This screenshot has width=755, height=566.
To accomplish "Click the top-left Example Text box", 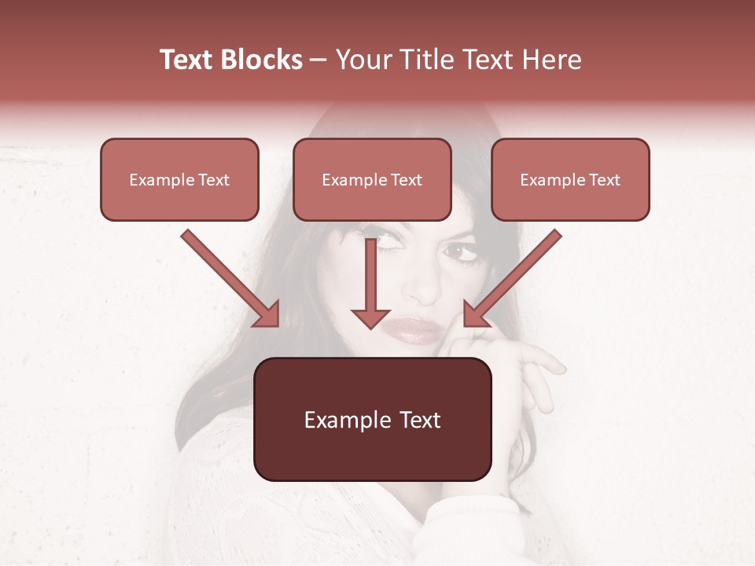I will [179, 179].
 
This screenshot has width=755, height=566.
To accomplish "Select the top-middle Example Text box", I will [372, 179].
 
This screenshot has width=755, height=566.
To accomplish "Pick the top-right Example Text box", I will [570, 179].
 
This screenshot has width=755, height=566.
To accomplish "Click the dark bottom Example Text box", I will [372, 419].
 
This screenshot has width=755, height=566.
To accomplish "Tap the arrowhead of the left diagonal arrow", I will [267, 314].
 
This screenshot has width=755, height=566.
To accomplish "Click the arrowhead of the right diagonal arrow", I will [475, 314].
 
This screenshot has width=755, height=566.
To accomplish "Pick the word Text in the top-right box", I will [604, 179].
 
